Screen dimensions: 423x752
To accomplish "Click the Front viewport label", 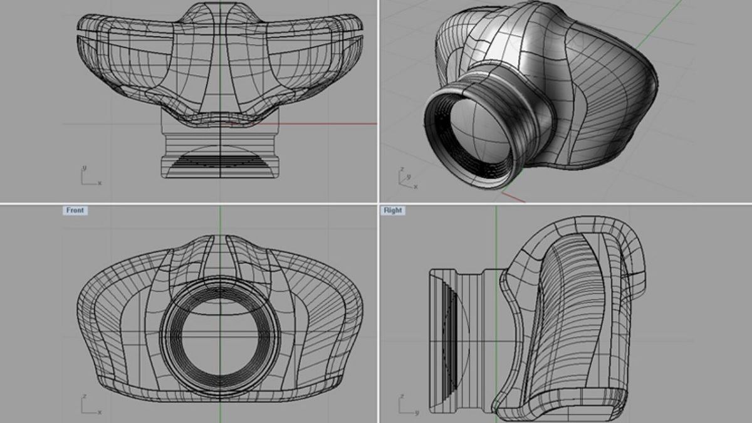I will tap(75, 211).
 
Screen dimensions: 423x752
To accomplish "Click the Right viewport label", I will tap(393, 211).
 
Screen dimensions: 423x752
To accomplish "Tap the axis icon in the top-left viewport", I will tap(89, 177).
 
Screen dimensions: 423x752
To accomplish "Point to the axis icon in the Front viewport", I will tap(89, 405).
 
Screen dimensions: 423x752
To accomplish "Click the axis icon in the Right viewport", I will tap(407, 405).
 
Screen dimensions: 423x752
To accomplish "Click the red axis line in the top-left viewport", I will tap(326, 123).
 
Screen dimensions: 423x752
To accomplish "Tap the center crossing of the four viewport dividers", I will tap(378, 204).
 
